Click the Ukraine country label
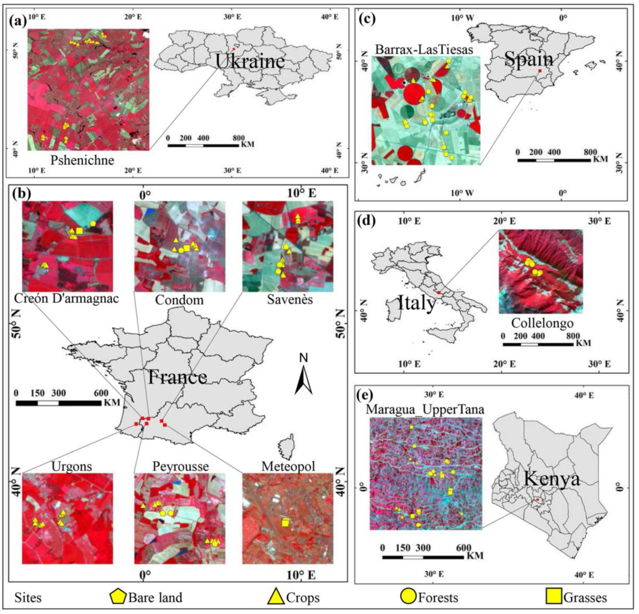click(250, 61)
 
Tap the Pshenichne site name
click(82, 159)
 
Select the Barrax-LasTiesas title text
click(424, 49)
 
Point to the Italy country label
click(416, 303)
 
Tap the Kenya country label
click(552, 478)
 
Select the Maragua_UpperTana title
click(426, 409)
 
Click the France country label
click(177, 377)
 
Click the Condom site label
click(179, 300)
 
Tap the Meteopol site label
click(288, 466)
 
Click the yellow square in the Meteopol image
click(285, 523)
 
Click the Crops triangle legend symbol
click(276, 597)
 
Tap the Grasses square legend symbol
click(554, 597)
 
